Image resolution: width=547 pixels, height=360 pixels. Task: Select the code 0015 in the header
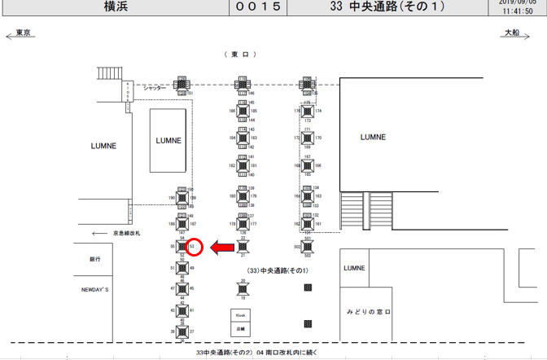(259, 7)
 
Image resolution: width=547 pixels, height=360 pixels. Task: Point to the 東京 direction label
(24, 33)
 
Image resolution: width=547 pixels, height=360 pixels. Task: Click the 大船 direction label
(511, 33)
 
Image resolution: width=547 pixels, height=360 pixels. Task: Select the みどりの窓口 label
(369, 312)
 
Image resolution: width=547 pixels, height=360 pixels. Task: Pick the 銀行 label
(95, 259)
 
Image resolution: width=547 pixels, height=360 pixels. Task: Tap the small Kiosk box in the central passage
(241, 314)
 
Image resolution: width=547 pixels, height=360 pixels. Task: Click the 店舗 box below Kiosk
(241, 329)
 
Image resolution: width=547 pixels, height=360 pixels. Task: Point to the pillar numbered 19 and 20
(243, 289)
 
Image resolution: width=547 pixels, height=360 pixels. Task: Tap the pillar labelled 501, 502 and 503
(308, 246)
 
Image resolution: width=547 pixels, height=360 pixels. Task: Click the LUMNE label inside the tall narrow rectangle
(168, 140)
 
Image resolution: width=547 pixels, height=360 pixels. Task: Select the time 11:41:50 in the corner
(518, 12)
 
